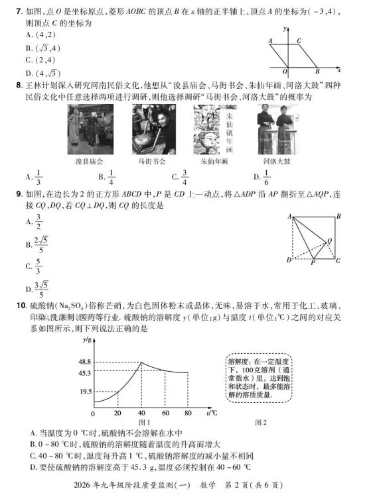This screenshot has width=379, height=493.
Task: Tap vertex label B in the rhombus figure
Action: (x=318, y=71)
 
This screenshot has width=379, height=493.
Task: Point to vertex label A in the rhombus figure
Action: (x=271, y=40)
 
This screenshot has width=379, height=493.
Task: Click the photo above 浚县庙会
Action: (x=87, y=130)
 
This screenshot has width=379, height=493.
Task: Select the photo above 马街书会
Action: (x=150, y=130)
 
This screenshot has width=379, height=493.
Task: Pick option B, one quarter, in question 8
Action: (x=107, y=178)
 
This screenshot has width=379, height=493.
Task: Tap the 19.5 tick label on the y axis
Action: (x=84, y=392)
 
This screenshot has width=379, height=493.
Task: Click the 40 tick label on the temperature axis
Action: (x=141, y=413)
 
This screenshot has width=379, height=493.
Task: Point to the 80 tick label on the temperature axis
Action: (x=187, y=413)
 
